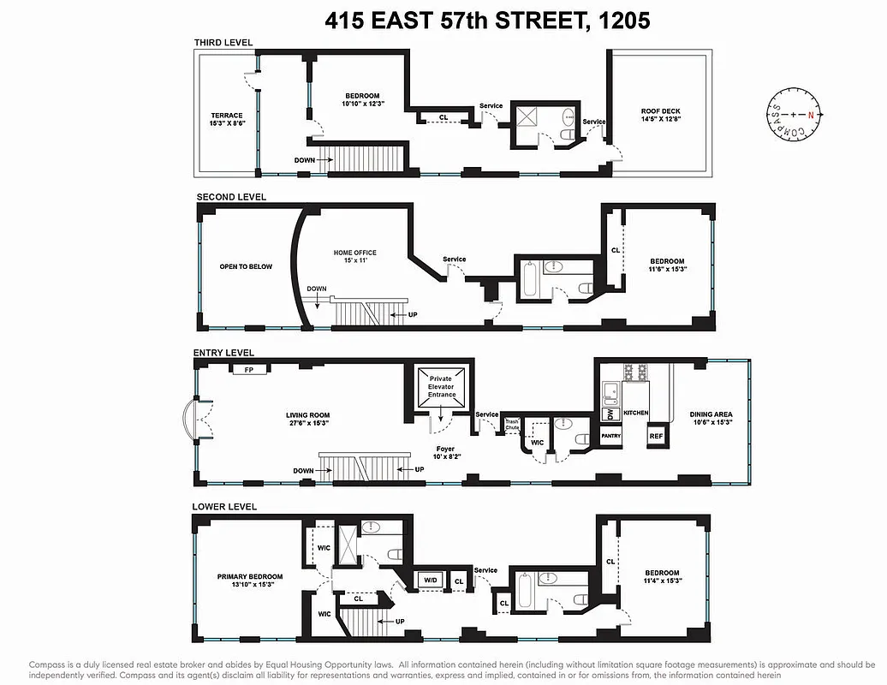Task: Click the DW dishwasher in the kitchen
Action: pos(609,414)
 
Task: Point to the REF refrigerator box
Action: pos(656,436)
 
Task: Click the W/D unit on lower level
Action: pos(429,581)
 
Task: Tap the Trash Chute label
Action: pos(512,424)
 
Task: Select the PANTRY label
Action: pos(610,436)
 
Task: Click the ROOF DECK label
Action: pos(660,111)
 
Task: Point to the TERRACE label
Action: pos(227,116)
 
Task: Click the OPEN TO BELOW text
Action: pos(246,266)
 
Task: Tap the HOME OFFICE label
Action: pos(354,253)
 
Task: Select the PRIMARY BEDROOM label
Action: pos(249,577)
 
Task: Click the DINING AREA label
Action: pos(711,414)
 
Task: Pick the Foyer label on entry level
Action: pos(445,448)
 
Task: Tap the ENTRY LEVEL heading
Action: pos(223,352)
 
